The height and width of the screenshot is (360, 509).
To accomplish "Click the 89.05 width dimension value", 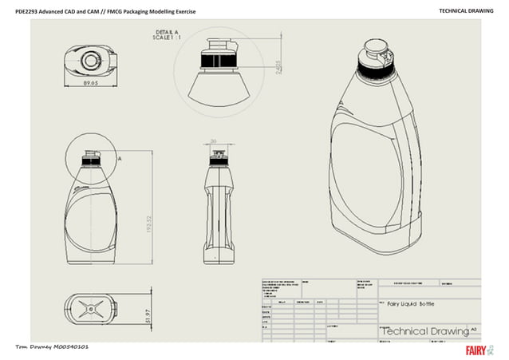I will [88, 83].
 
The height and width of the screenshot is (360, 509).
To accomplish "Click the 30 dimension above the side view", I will [213, 142].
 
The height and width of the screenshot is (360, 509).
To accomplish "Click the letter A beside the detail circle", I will [119, 159].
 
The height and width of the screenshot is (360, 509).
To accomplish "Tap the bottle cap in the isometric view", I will [375, 54].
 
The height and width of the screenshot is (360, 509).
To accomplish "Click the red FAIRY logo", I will [476, 350].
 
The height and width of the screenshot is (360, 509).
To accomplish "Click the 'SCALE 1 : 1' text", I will [170, 38].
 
